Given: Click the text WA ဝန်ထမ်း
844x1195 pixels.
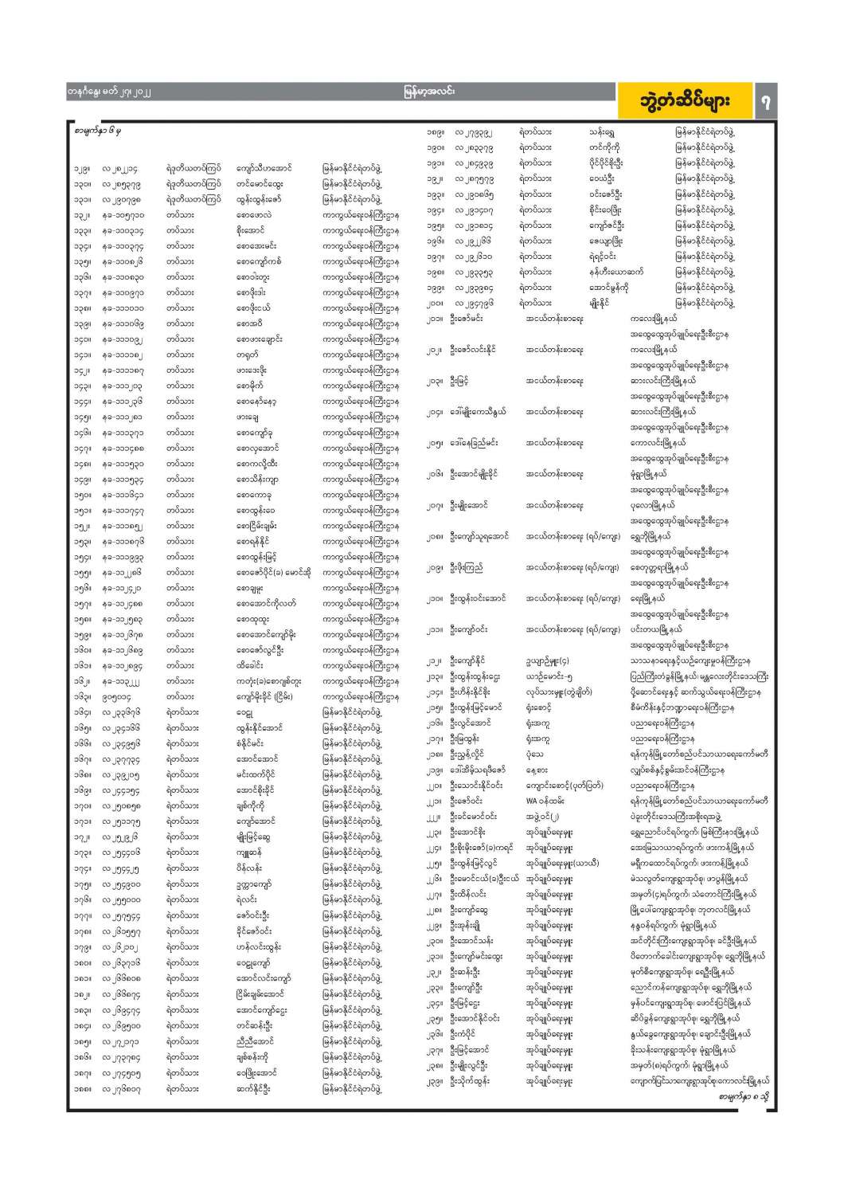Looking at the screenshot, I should [x=547, y=801].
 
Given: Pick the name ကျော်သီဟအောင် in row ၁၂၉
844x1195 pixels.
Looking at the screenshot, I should [x=264, y=169].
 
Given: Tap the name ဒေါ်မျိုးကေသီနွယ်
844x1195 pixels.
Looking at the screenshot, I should [x=478, y=413].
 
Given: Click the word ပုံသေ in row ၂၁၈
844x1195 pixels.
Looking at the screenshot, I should [x=534, y=754].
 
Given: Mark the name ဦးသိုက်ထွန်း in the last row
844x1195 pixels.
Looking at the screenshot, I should [x=470, y=1081].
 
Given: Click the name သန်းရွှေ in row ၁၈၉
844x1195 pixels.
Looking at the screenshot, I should [x=601, y=132].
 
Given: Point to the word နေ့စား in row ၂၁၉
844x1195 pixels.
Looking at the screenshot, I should [x=537, y=770].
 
